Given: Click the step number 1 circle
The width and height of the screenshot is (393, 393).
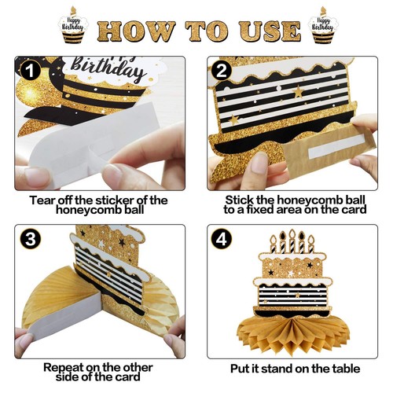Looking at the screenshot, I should pos(30,71).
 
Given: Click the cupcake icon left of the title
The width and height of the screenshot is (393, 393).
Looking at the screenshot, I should pos(75,24).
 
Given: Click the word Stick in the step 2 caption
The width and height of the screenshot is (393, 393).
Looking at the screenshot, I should pos(241,200).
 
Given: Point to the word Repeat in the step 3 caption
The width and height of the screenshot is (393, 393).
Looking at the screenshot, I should pos(64,367).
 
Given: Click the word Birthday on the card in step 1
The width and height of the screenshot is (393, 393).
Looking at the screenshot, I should pos(117,72).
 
